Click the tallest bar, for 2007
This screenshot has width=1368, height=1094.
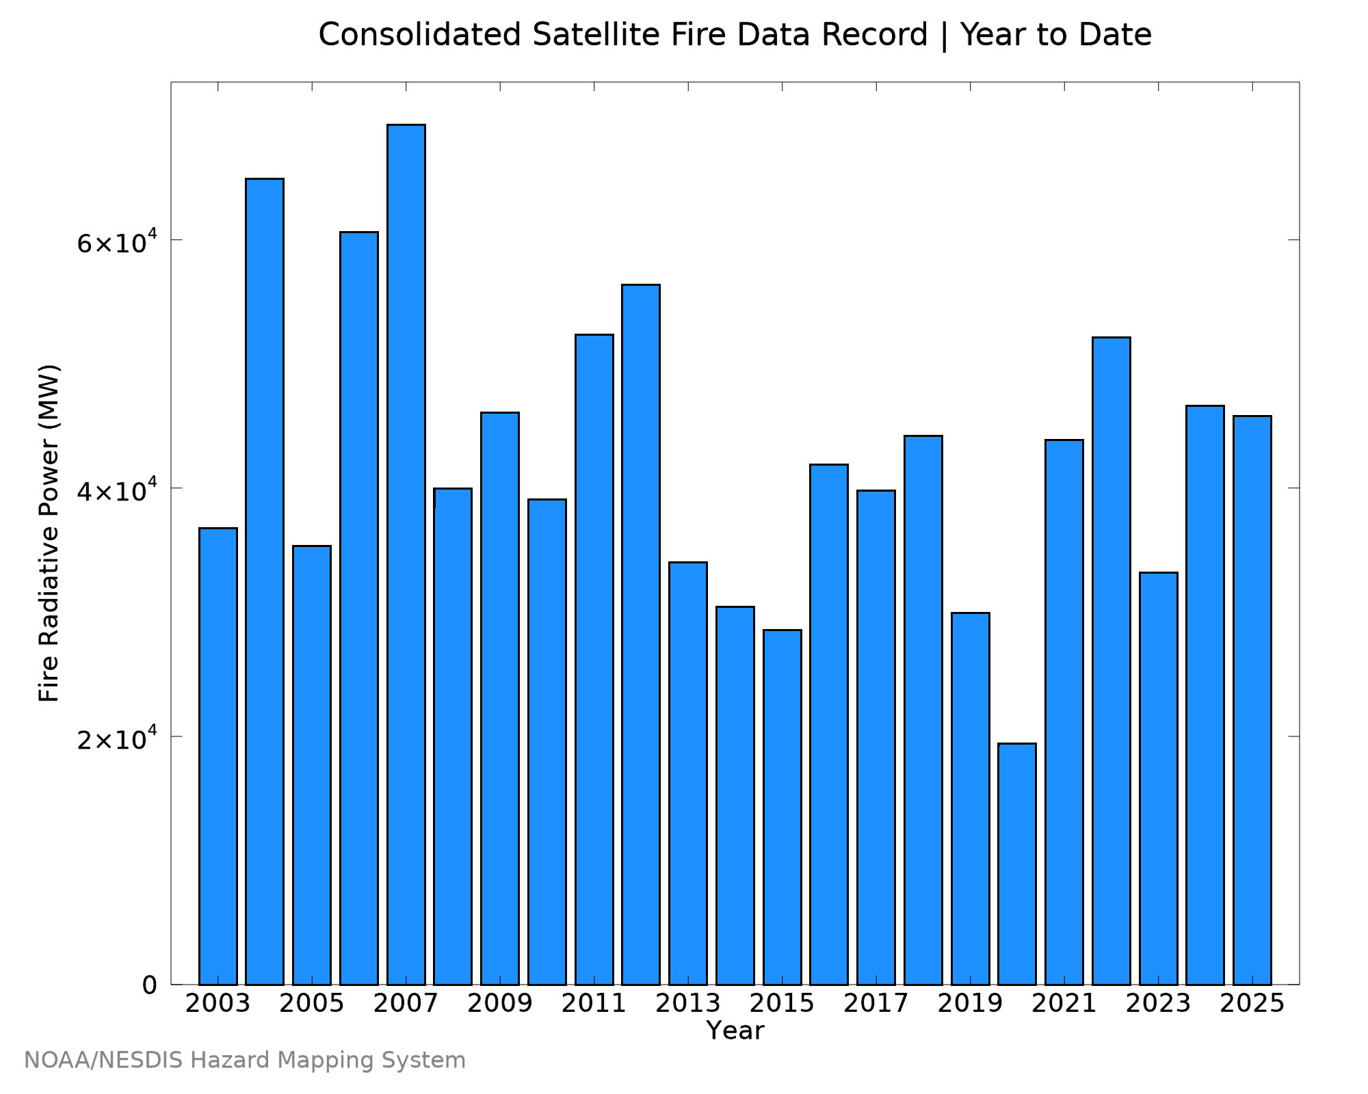point(406,555)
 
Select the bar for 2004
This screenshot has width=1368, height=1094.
point(265,581)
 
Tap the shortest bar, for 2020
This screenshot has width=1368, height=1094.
point(1017,864)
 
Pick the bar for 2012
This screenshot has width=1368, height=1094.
point(641,635)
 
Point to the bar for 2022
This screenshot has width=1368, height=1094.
point(1111,661)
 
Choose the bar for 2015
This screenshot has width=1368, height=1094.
point(782,807)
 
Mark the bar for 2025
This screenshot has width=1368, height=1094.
point(1252,700)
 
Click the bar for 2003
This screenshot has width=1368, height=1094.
point(218,756)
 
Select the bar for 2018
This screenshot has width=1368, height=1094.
point(923,710)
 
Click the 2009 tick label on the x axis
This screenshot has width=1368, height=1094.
point(500,1004)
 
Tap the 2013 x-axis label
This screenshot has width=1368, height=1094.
point(688,1004)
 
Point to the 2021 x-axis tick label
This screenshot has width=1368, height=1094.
point(1064,1004)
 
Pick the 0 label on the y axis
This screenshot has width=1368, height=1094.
point(150,985)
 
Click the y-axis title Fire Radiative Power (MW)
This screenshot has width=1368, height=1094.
point(49,533)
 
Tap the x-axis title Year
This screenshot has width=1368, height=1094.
point(735,1030)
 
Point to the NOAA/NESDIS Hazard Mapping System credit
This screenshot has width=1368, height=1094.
point(245,1060)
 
